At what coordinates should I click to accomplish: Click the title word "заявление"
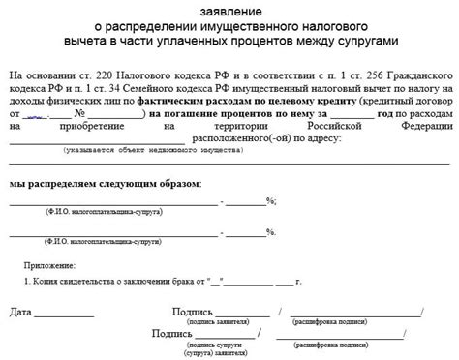click(x=229, y=11)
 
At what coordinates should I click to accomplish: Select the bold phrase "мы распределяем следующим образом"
click(x=106, y=184)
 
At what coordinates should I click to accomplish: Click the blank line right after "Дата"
click(x=65, y=316)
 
